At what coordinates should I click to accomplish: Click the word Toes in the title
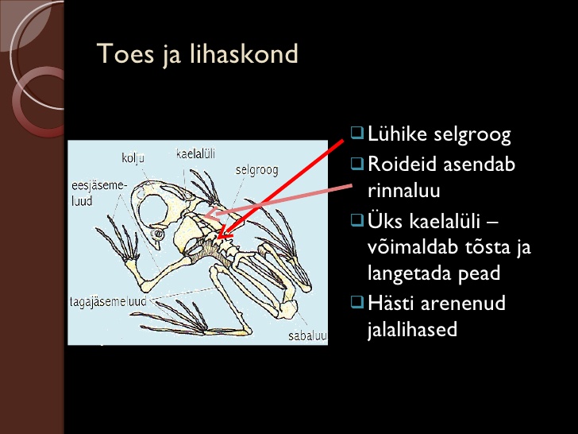tap(125, 54)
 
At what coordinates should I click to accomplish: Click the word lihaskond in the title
tap(244, 54)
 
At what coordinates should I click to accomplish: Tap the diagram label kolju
tap(133, 158)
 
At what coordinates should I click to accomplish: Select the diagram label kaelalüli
tap(195, 153)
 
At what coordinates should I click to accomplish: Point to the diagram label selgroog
tap(257, 170)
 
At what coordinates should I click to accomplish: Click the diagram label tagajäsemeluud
tap(108, 301)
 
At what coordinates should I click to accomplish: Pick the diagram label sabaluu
tap(307, 335)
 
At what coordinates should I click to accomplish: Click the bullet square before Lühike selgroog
tap(357, 132)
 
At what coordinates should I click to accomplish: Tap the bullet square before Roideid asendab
tap(357, 162)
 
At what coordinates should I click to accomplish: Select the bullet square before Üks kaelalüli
tap(357, 219)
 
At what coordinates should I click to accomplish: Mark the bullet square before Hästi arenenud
tap(357, 301)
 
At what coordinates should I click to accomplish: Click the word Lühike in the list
tap(398, 134)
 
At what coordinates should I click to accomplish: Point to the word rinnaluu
tap(403, 191)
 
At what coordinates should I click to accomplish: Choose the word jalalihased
tap(412, 330)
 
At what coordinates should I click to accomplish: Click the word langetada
tap(410, 273)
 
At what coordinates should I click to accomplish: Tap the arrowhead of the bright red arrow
tap(223, 234)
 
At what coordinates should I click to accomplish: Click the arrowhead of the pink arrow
tap(211, 213)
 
